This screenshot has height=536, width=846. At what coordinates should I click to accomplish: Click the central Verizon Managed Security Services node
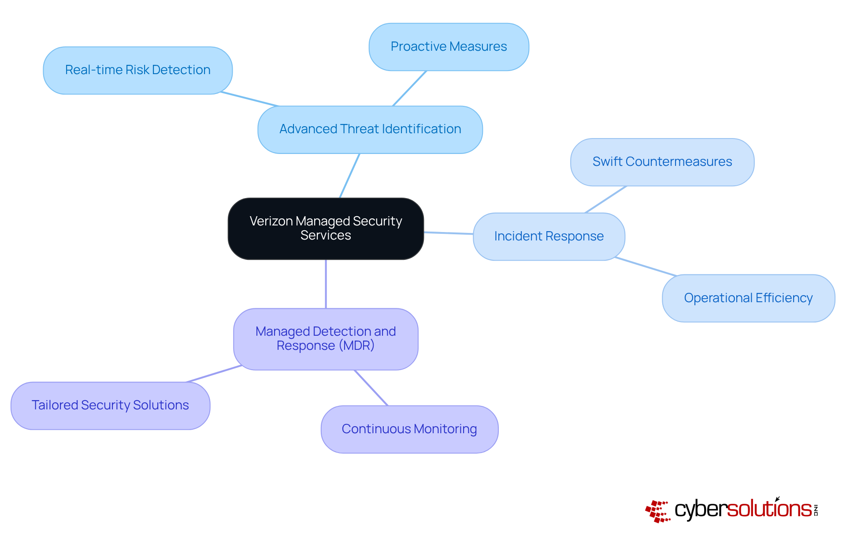[326, 229]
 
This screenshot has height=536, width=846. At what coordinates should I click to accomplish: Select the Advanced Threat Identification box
[370, 129]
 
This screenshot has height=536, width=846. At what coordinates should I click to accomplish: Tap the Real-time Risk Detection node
[137, 70]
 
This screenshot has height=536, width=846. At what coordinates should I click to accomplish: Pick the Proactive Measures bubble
[449, 47]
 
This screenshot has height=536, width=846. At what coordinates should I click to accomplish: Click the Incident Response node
[549, 236]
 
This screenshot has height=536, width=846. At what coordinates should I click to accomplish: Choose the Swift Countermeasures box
[662, 162]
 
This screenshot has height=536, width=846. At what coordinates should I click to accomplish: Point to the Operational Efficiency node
[748, 298]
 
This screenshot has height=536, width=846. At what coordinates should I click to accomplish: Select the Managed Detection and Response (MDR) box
[326, 339]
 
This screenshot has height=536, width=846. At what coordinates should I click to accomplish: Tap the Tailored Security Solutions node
[110, 405]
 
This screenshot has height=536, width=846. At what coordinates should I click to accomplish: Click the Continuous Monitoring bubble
[409, 429]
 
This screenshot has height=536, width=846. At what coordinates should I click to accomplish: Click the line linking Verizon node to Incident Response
[448, 233]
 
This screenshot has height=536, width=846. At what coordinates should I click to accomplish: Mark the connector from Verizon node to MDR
[326, 284]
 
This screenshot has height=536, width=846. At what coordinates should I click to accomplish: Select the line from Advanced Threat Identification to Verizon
[350, 176]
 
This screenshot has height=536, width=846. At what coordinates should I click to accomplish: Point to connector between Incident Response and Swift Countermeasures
[606, 199]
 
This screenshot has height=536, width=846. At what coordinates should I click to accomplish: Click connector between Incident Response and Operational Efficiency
[646, 266]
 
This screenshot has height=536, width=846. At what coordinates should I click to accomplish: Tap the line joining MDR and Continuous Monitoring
[371, 388]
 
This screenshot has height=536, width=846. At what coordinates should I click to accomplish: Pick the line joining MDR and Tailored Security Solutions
[214, 374]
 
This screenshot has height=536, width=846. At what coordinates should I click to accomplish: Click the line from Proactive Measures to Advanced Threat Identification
[409, 88]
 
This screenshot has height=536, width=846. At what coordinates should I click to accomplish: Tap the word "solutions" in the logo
[769, 509]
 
